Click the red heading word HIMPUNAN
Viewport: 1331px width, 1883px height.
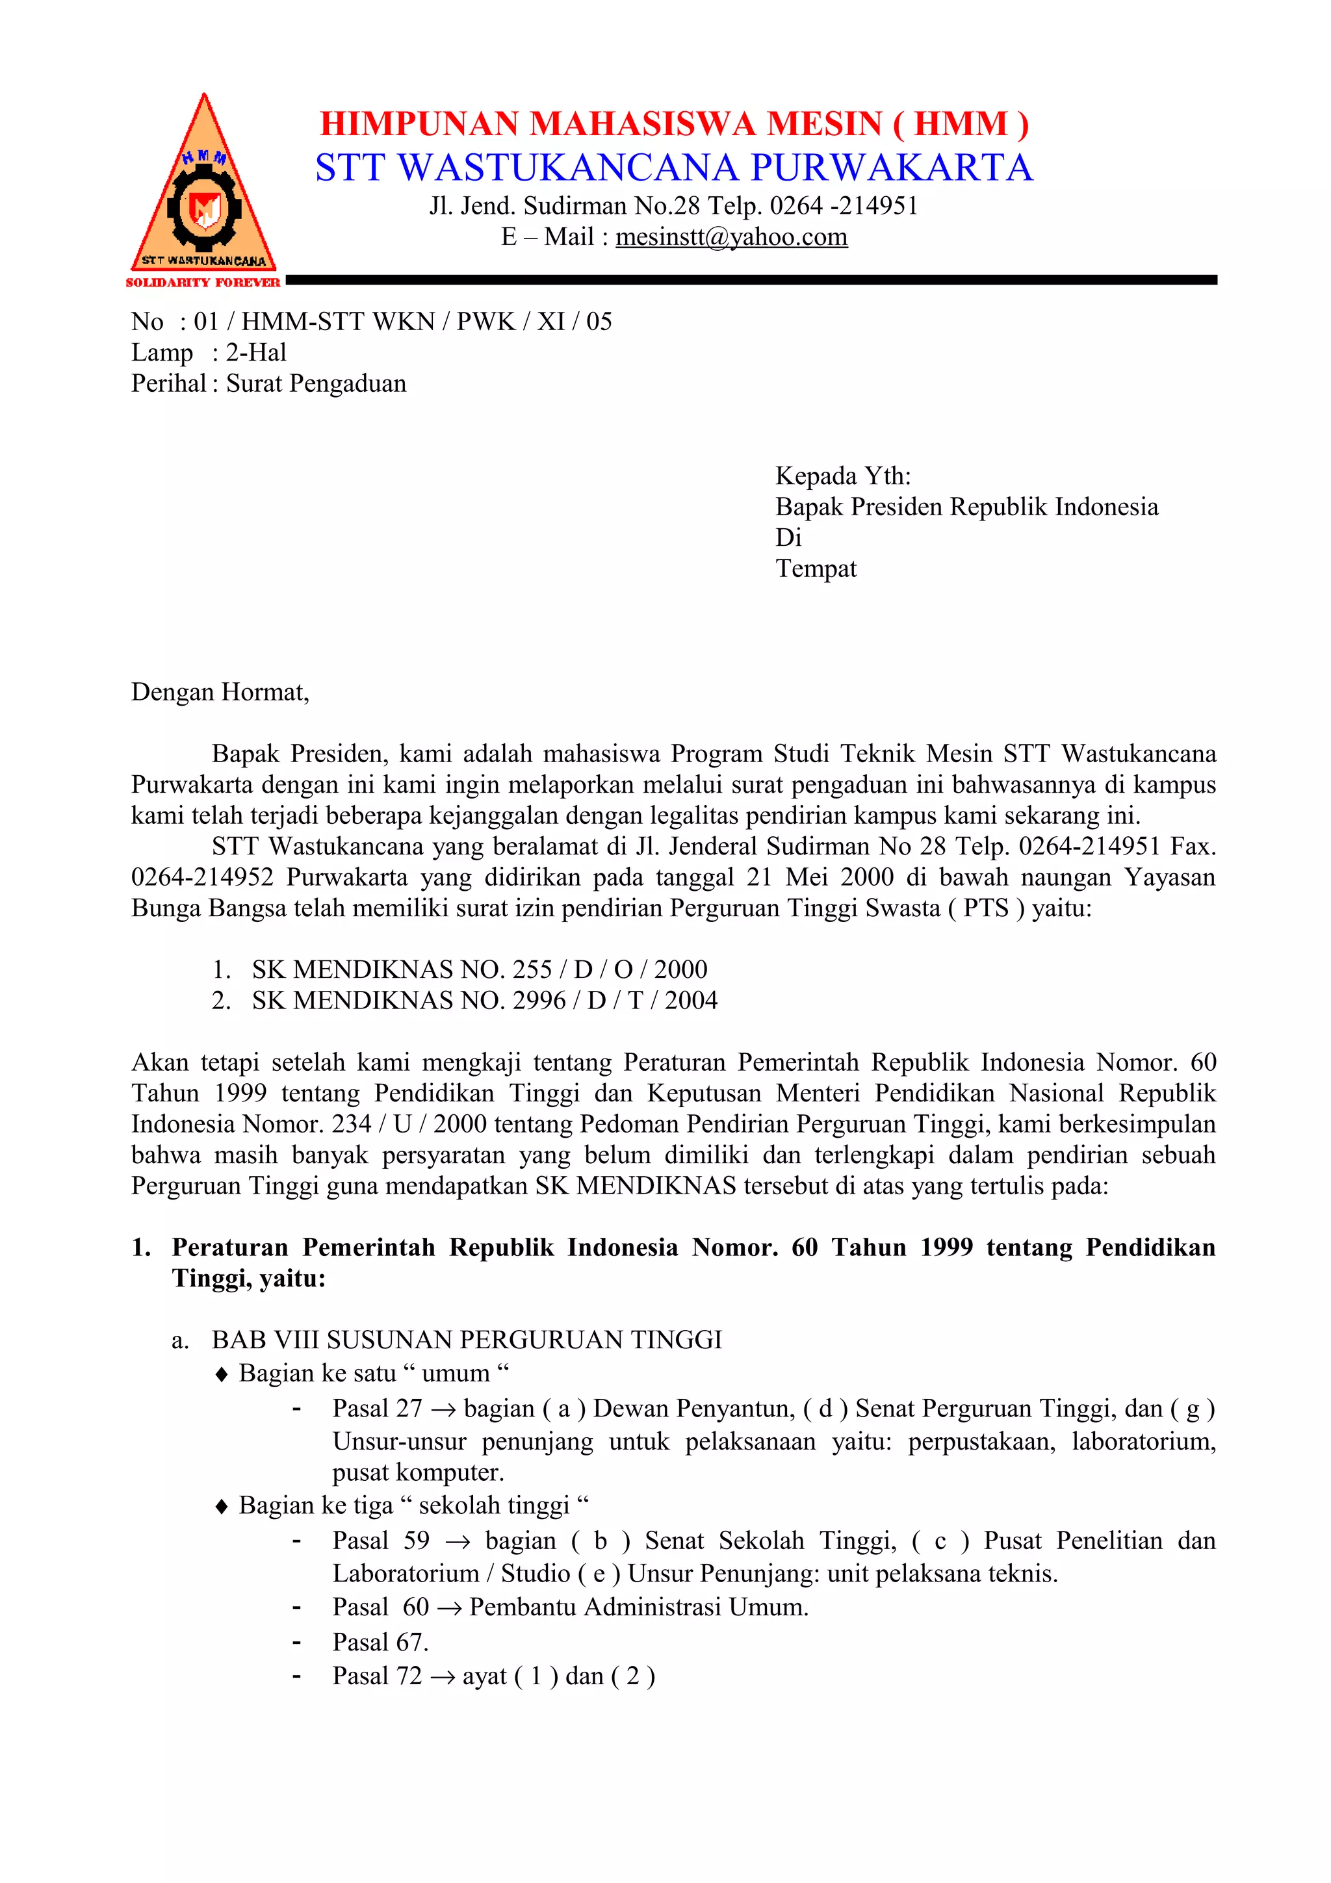[420, 125]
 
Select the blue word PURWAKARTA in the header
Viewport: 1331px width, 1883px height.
[892, 168]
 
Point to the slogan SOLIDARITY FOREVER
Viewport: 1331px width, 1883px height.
[203, 283]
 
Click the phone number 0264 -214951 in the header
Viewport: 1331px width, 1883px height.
[843, 206]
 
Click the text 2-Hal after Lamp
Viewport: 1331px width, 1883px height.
[256, 353]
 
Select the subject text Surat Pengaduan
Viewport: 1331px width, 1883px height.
[316, 384]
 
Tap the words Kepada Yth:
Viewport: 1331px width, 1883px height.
[842, 476]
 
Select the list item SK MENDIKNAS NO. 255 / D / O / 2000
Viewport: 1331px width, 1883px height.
[479, 969]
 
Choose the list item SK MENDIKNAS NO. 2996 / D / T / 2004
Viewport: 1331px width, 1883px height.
[484, 1001]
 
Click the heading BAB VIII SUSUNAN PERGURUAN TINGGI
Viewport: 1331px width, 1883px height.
[466, 1340]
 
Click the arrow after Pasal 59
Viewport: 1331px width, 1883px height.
[457, 1543]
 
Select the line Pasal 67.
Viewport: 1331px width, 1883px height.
[380, 1642]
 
